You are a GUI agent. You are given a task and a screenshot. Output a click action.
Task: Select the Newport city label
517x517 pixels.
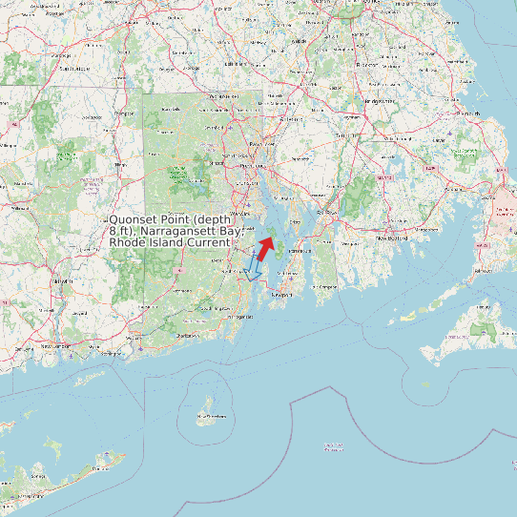click(280, 296)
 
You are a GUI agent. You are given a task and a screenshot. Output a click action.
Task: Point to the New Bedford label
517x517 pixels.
click(391, 238)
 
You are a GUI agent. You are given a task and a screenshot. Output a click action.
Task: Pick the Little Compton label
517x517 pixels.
click(326, 286)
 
